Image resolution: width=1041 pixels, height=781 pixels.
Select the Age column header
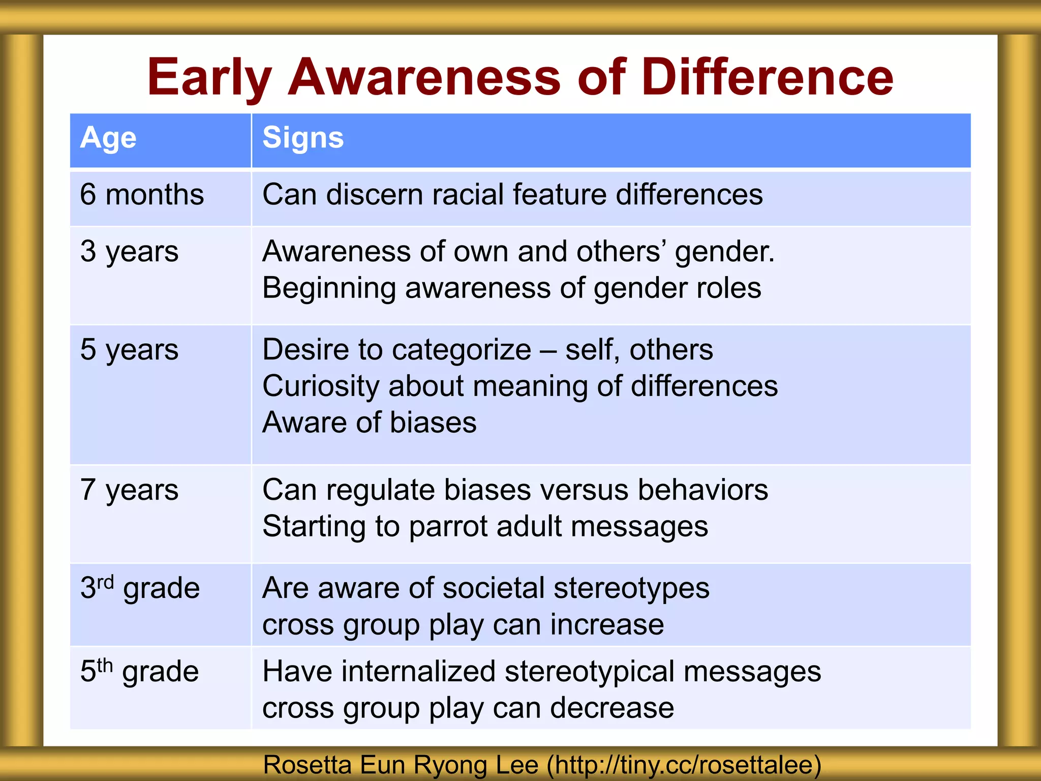click(108, 138)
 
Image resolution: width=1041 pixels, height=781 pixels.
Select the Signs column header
click(303, 138)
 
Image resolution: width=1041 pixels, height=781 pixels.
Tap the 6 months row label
click(142, 195)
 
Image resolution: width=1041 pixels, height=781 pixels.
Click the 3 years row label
click(129, 252)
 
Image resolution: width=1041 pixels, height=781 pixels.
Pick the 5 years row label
click(129, 350)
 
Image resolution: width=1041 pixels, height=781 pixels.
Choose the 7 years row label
click(129, 490)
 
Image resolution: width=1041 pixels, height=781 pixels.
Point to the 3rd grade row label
click(140, 588)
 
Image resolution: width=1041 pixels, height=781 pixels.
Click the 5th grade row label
click(139, 671)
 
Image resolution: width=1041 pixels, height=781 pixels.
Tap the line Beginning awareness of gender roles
click(511, 288)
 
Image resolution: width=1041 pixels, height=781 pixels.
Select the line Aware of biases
click(370, 423)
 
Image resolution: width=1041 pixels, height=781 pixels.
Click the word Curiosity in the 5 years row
click(321, 386)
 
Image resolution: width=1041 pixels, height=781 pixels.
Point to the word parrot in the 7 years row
click(448, 527)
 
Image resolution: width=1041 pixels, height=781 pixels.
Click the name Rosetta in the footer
click(307, 765)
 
